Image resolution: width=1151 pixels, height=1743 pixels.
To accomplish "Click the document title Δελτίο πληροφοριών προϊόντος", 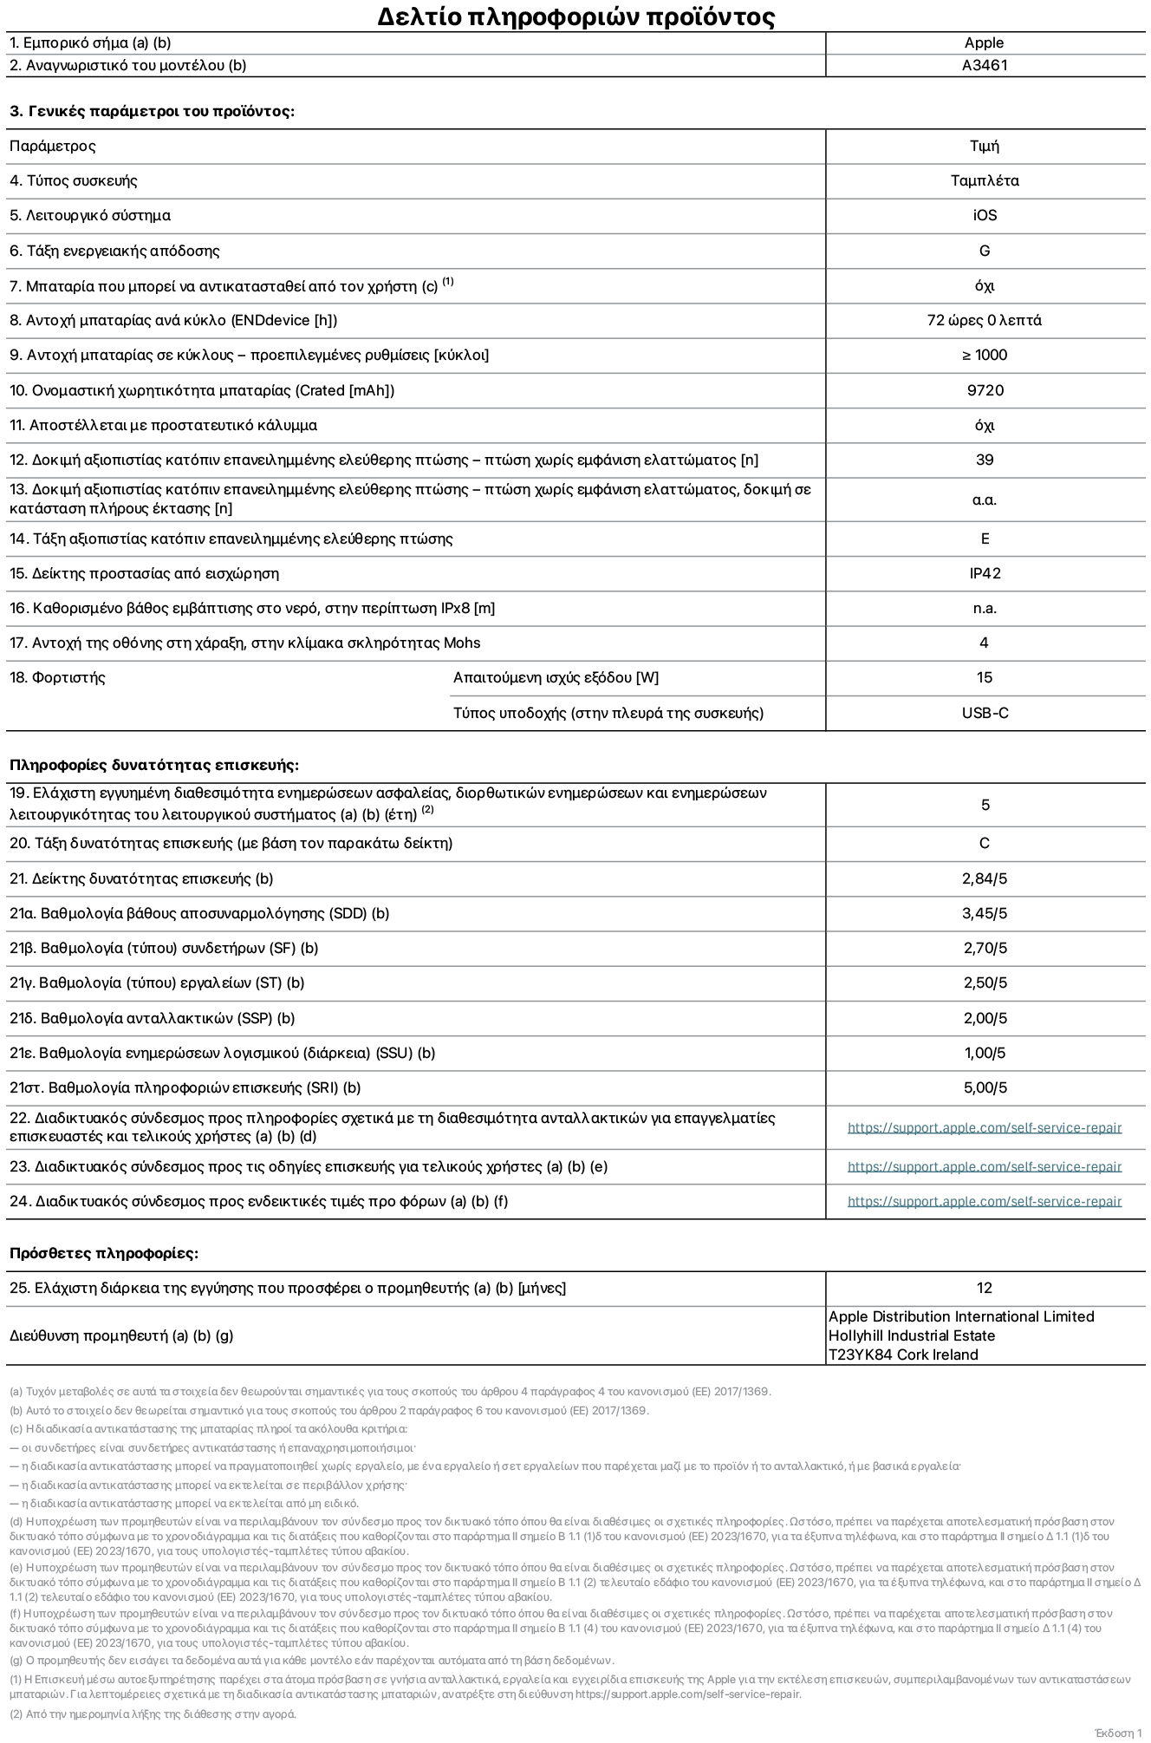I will (x=575, y=16).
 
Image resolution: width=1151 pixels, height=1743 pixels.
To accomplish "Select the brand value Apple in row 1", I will (x=984, y=42).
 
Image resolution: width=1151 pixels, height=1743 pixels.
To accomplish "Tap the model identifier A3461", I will (x=984, y=65).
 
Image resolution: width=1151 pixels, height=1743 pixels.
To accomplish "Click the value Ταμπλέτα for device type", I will (x=984, y=181).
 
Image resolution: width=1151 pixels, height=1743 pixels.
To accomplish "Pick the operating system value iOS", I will (x=984, y=216).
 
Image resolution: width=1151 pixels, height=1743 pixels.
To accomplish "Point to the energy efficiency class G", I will (x=984, y=251).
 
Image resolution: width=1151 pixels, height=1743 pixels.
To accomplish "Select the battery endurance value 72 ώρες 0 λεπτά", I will (x=984, y=320).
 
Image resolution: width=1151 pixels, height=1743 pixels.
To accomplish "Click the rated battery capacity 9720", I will (x=985, y=390).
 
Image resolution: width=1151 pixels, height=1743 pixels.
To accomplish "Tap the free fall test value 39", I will (x=984, y=460).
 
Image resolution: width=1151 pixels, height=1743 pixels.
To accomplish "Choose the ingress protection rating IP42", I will (x=985, y=573).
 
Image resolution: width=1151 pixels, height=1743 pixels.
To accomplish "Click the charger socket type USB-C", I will (x=985, y=713).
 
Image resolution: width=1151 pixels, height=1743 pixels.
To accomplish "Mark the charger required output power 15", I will (x=984, y=677).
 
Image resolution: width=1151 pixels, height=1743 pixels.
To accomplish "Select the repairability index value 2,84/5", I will (x=985, y=878).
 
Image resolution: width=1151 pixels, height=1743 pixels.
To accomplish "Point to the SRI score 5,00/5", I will (x=985, y=1087).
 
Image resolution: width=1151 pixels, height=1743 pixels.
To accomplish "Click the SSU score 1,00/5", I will (x=985, y=1053).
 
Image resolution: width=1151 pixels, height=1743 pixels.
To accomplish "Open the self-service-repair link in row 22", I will (x=984, y=1128).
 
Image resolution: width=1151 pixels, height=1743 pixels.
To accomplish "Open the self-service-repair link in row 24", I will (x=984, y=1201).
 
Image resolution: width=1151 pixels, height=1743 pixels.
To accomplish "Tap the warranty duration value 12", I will (x=984, y=1288).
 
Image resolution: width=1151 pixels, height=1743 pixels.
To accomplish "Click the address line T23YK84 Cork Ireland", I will (x=903, y=1355).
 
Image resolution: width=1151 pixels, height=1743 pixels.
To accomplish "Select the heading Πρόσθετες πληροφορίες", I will (x=104, y=1253).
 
